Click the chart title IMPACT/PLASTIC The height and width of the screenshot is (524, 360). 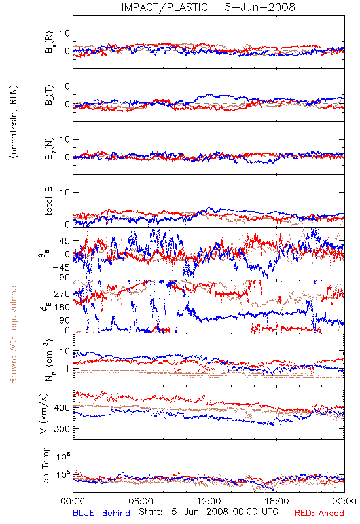(165, 7)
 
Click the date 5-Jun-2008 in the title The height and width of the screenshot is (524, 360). (260, 7)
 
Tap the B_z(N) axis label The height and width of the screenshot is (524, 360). (50, 148)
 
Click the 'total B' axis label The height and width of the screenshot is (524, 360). (48, 201)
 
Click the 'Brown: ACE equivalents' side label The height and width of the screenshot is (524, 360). (13, 333)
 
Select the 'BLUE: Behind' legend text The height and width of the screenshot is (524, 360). (101, 513)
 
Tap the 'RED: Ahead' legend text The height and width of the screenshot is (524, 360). (319, 513)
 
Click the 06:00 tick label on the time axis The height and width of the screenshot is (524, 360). (141, 501)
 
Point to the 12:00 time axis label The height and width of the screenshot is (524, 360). (209, 501)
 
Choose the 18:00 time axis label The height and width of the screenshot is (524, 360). (277, 501)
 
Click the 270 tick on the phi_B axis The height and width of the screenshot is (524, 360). (62, 293)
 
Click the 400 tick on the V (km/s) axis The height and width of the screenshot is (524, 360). (62, 407)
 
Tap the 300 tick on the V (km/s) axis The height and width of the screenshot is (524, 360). (62, 429)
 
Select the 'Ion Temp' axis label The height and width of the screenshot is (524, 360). (45, 466)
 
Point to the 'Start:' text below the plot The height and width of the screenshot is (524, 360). (151, 512)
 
